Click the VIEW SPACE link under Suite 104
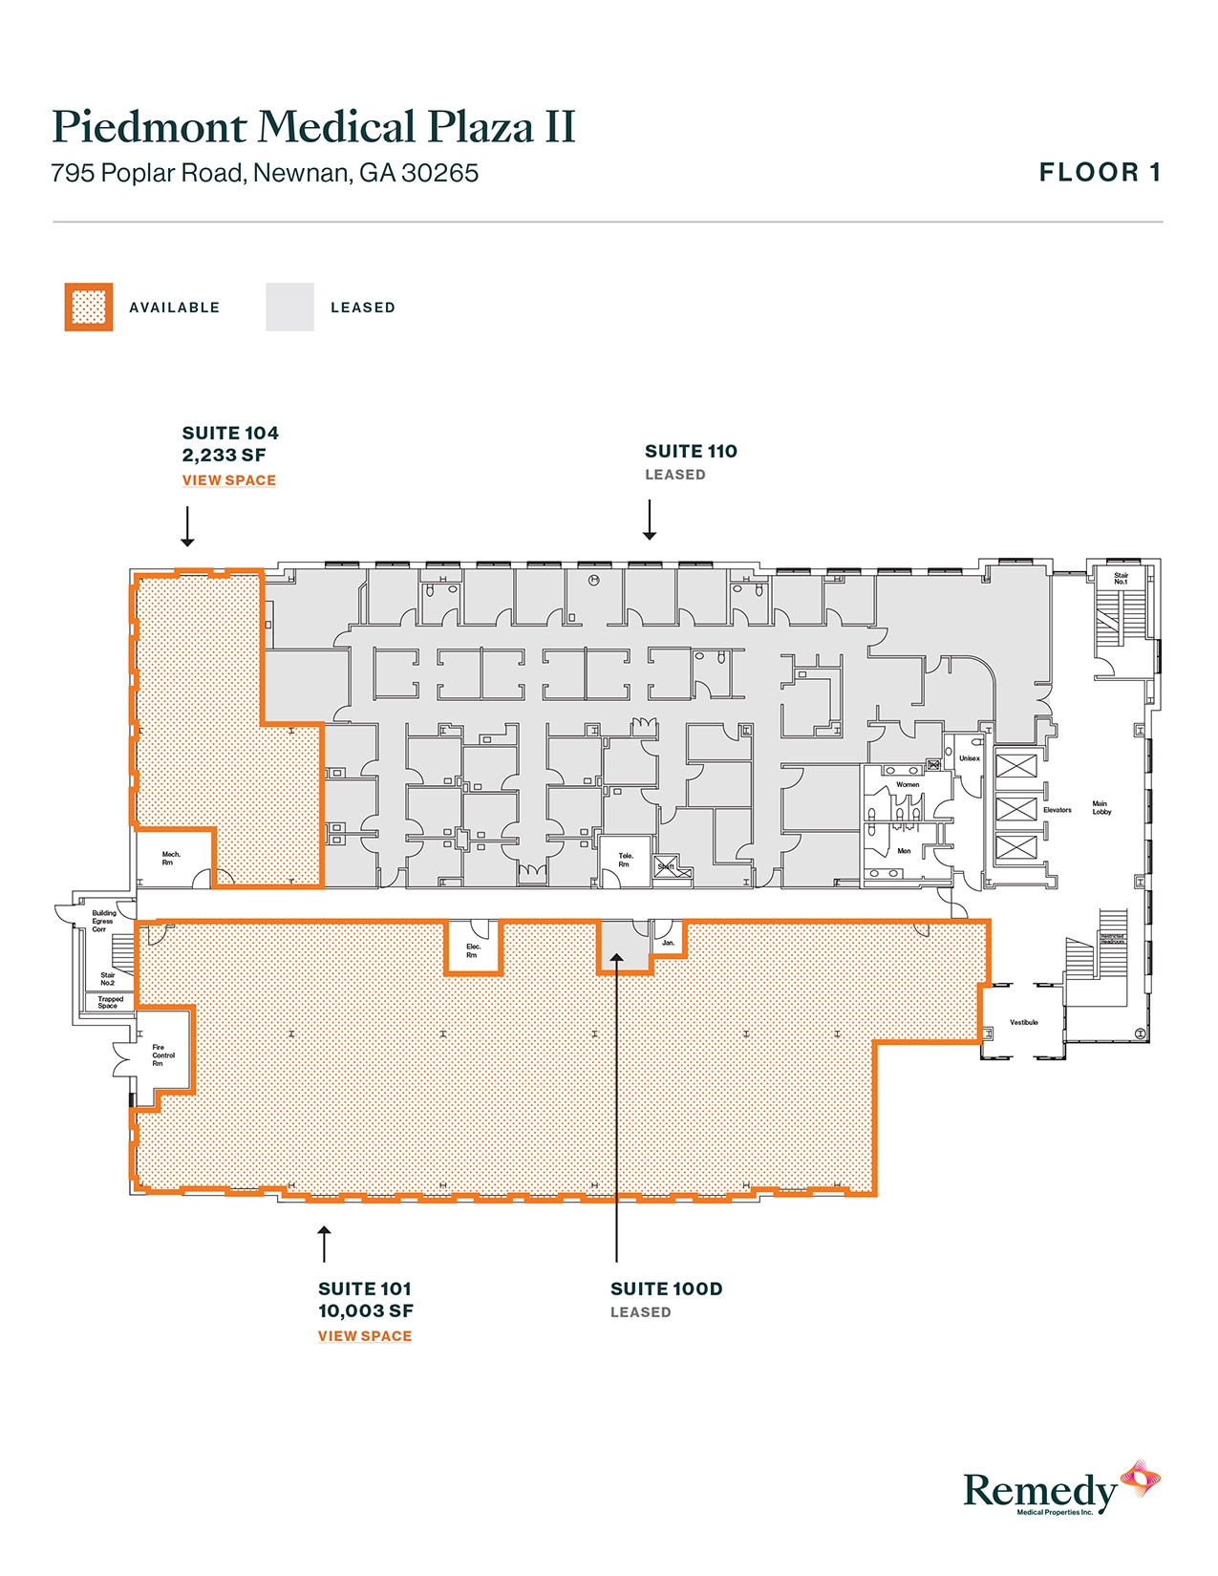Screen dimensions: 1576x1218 point(229,480)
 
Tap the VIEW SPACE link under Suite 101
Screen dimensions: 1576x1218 point(365,1336)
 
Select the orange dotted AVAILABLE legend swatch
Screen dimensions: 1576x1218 point(89,308)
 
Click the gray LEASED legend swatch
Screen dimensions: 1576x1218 point(289,308)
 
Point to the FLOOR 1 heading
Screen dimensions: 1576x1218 point(1100,173)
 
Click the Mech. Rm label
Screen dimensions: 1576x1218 point(171,859)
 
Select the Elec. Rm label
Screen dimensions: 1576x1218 point(473,950)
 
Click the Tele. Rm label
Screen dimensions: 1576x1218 point(626,860)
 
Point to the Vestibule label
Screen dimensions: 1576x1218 point(1023,1022)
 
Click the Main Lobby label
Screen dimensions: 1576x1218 point(1101,808)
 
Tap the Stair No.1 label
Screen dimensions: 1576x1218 point(1121,579)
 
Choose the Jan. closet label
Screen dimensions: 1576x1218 point(668,943)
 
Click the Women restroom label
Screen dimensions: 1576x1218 point(908,784)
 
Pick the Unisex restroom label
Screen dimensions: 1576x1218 point(970,758)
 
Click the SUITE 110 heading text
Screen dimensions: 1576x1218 point(691,452)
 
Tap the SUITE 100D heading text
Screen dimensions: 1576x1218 point(666,1289)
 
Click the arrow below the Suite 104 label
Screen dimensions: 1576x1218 point(188,526)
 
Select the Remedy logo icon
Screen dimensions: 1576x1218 point(1140,1479)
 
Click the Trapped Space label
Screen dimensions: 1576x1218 point(110,1002)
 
